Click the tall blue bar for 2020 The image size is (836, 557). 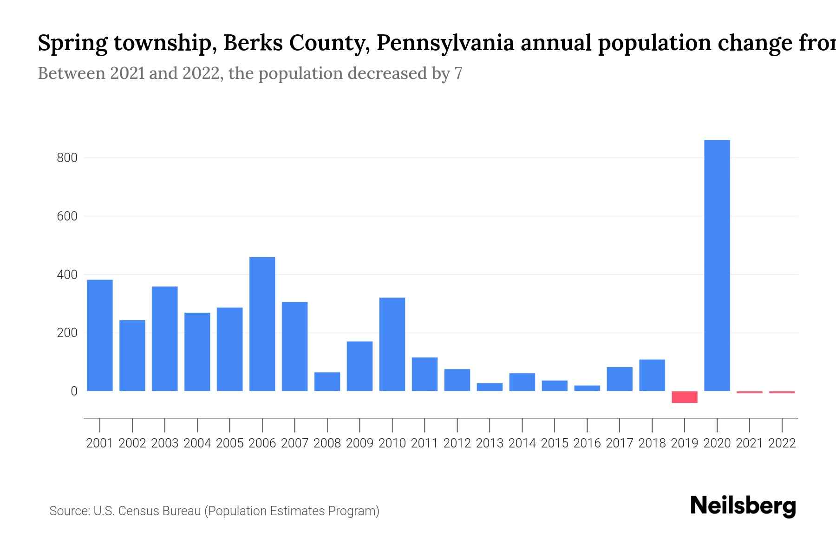pos(717,266)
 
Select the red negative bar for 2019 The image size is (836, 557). pos(685,397)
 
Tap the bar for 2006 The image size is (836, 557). pos(262,324)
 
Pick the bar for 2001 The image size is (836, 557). pos(100,335)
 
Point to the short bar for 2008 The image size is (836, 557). pos(327,382)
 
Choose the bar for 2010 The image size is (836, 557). pos(392,344)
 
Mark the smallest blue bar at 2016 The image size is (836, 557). pos(587,388)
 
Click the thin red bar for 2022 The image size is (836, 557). pos(782,392)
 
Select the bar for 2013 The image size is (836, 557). pos(490,387)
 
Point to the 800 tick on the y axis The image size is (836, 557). pos(67,158)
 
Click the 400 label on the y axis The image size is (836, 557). pos(67,275)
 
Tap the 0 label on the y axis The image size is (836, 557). pos(74,391)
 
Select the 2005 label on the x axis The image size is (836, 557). pos(229,443)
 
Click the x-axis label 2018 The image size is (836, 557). pos(652,443)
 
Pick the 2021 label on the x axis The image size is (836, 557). pos(750,443)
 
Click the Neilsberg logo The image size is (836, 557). pos(743,506)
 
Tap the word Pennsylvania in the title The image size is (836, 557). pos(445,43)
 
